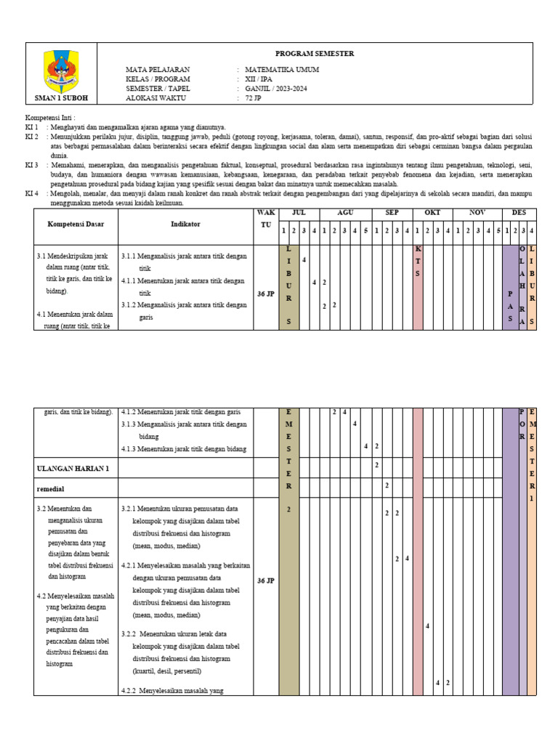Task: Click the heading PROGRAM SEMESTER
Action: [315, 54]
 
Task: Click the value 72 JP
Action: [253, 97]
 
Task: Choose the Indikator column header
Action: [185, 224]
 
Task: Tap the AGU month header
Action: [345, 213]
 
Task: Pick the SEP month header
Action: [392, 213]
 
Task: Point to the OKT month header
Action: [432, 213]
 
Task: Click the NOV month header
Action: [477, 213]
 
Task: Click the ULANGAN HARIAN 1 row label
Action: [73, 469]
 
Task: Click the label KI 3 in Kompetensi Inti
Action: [32, 166]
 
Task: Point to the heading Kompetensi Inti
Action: [49, 118]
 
